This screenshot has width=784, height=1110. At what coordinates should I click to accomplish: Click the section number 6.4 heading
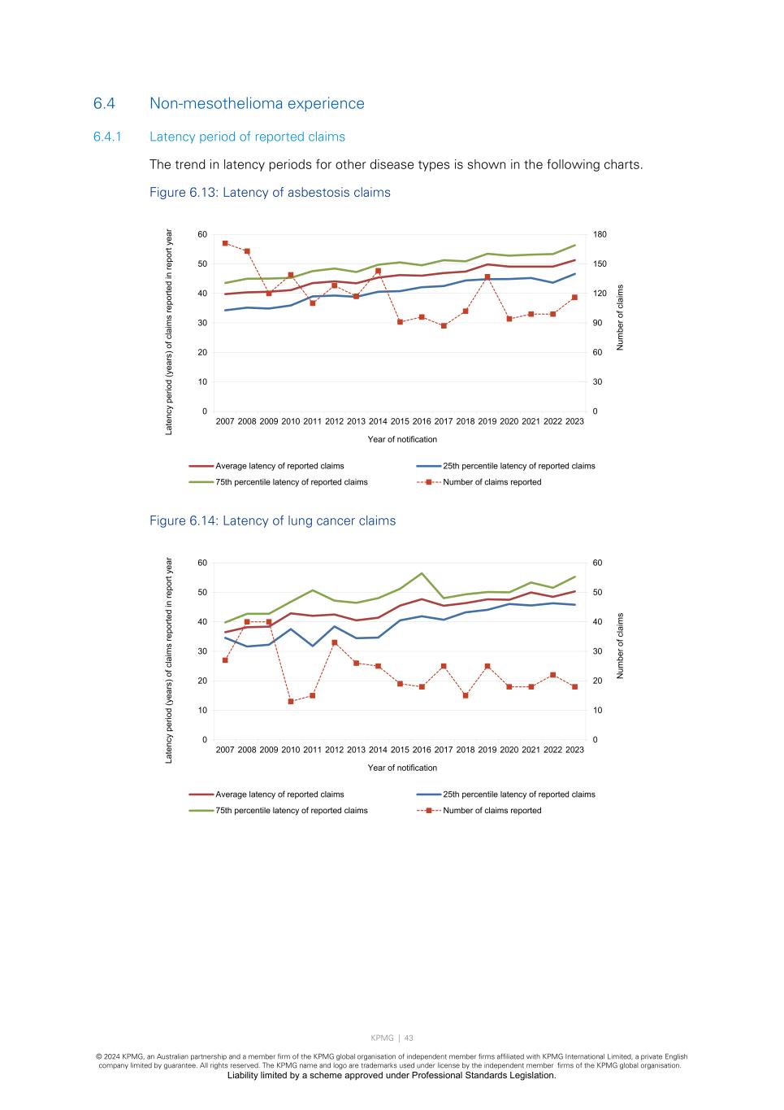click(x=104, y=104)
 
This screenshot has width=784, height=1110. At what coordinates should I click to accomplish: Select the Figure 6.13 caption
click(x=270, y=193)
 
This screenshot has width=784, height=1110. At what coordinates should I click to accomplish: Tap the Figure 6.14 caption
click(x=272, y=521)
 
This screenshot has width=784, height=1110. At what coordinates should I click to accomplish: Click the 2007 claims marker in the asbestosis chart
click(x=225, y=243)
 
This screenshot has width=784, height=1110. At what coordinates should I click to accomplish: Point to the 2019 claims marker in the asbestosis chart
click(x=487, y=277)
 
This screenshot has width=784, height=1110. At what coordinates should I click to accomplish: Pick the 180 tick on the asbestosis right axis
click(x=600, y=235)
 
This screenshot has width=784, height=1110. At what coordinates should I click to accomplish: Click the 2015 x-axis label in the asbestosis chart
click(x=400, y=421)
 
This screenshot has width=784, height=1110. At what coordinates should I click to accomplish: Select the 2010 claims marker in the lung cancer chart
click(x=291, y=701)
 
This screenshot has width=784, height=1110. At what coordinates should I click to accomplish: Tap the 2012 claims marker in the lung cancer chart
click(x=334, y=642)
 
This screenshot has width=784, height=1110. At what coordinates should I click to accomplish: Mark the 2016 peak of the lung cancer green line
click(x=422, y=573)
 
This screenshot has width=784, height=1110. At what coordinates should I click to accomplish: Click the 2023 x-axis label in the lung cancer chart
click(x=574, y=750)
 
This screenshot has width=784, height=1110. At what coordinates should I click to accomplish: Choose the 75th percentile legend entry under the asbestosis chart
click(x=291, y=482)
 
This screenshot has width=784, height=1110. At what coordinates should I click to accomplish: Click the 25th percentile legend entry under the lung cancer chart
click(x=518, y=794)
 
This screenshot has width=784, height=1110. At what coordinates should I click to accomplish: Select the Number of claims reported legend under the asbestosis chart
click(x=492, y=482)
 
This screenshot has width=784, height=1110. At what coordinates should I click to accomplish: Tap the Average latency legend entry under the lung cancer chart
click(x=279, y=794)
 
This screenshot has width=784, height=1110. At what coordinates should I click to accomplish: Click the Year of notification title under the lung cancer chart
click(x=402, y=768)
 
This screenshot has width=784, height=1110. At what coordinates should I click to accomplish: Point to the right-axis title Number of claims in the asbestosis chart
click(x=621, y=317)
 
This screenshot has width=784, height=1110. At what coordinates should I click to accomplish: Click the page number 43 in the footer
click(x=409, y=1038)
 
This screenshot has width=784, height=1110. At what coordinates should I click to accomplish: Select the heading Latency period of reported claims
click(x=247, y=137)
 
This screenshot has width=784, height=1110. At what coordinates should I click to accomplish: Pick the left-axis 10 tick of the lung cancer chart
click(x=201, y=711)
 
